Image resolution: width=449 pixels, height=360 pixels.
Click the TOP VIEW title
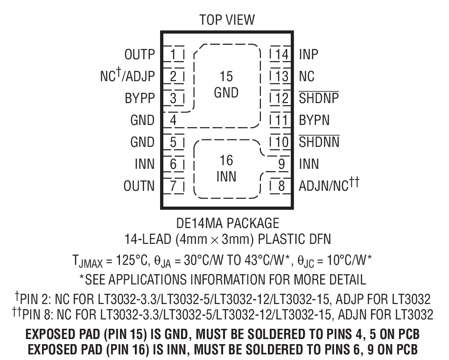[227, 20]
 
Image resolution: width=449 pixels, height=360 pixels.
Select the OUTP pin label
[139, 55]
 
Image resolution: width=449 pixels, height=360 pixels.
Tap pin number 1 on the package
[173, 55]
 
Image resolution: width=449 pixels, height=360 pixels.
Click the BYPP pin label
[139, 98]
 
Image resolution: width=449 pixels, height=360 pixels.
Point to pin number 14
[281, 55]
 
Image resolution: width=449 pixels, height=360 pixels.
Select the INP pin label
[309, 55]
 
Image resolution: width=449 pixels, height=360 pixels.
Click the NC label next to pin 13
[307, 76]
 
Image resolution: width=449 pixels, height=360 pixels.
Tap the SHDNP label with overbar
[319, 98]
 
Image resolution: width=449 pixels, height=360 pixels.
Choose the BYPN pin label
[314, 120]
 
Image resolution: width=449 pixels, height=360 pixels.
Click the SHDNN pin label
[319, 142]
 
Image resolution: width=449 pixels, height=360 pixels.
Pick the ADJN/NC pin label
[329, 186]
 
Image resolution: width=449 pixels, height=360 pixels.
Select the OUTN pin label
[139, 186]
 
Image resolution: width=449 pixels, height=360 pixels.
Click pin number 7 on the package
[173, 186]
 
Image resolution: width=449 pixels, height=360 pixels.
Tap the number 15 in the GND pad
[226, 76]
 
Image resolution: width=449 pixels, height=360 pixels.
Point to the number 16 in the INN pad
[226, 161]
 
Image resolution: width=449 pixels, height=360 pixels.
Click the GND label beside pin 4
[142, 120]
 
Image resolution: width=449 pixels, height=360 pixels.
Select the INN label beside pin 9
[309, 164]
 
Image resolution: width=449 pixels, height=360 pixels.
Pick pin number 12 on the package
[281, 98]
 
